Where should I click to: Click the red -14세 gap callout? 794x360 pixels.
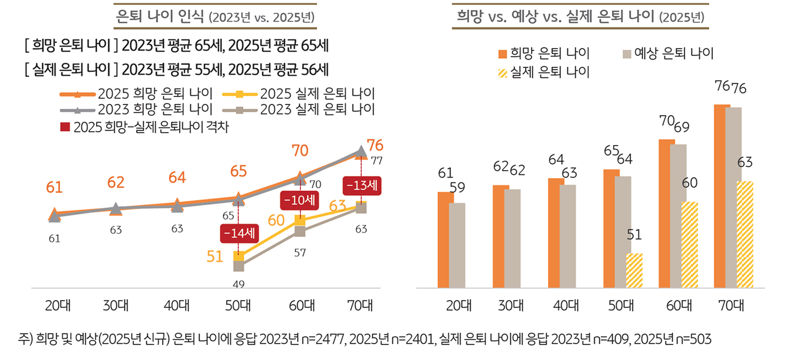pos(239,233)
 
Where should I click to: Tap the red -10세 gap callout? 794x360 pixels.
pos(299,201)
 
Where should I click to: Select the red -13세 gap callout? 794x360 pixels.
pos(361,186)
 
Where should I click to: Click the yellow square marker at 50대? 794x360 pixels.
pos(239,257)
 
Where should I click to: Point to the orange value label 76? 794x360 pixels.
pos(375,145)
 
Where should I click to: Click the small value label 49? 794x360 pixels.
pos(239,284)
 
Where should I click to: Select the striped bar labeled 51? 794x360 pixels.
pos(634,270)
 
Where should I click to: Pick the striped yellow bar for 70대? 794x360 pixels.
pos(745,235)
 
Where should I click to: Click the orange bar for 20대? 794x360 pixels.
pos(446,240)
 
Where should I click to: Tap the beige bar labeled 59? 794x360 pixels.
pos(457,245)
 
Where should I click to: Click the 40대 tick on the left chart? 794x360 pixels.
pos(177,306)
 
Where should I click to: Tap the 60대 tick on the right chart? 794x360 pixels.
pos(679,306)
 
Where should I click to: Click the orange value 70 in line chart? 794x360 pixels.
pos(300,150)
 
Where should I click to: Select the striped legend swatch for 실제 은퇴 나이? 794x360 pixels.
pos(503,72)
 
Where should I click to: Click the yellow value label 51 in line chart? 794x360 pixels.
pos(215,257)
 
